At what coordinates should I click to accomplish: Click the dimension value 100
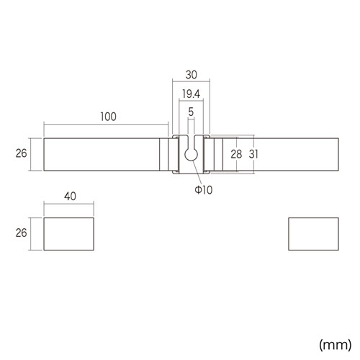point(108,117)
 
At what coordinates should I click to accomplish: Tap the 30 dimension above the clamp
point(192,75)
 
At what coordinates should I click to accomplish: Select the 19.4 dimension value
point(191,94)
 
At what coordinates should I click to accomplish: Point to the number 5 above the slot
point(191,112)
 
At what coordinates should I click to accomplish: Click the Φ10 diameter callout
point(204,190)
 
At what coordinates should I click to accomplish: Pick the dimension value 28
point(236,154)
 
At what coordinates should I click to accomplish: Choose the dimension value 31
point(253,154)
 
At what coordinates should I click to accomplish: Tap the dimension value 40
point(70,197)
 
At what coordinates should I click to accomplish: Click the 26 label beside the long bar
point(21,153)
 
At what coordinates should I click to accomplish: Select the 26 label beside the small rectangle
point(21,233)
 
